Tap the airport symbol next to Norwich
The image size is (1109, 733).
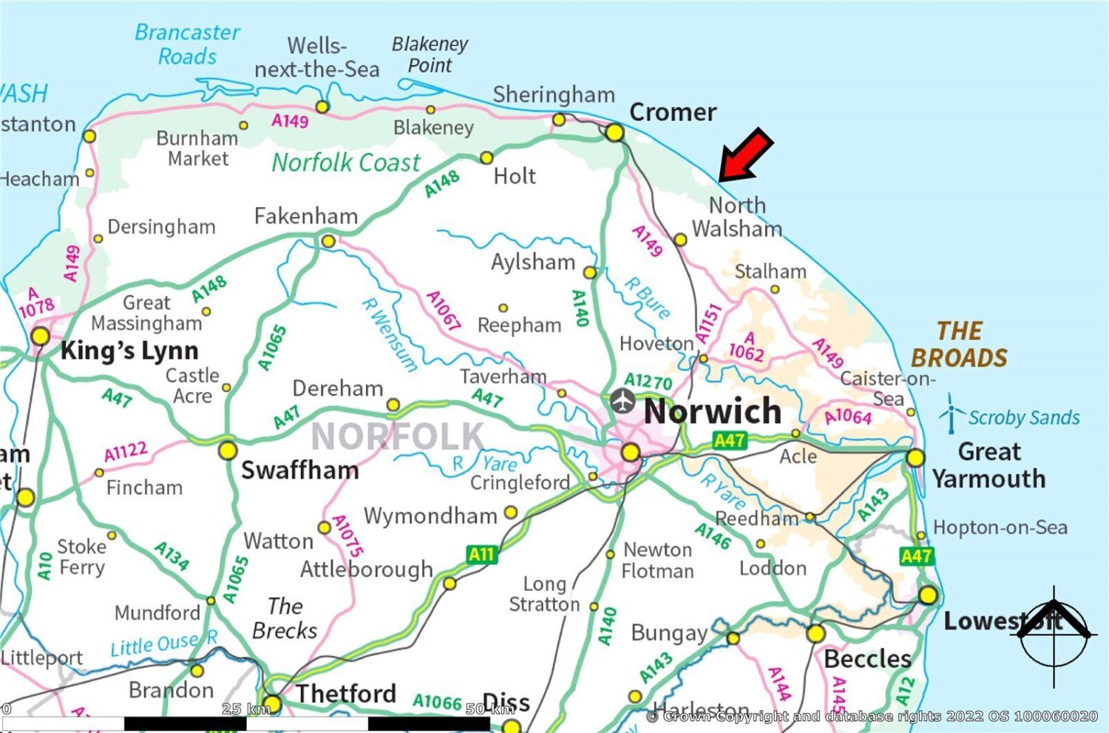pos(623,402)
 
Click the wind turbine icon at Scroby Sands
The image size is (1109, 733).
pos(951,414)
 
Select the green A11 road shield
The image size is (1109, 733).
pos(481,554)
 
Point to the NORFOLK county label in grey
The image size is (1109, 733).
pos(398,436)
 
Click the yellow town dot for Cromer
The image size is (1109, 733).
pos(614,133)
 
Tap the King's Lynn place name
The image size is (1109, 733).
pos(129,350)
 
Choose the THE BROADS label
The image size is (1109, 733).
pos(959,344)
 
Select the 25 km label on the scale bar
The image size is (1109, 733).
pos(245,709)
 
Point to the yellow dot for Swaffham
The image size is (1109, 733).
pos(228,450)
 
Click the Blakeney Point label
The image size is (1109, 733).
pos(430,55)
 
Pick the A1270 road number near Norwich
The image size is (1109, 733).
pos(648,381)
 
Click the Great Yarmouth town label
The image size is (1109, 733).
pos(988,465)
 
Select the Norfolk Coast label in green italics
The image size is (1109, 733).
pos(346,162)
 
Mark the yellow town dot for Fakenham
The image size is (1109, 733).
pos(328,241)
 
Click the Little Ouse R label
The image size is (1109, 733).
pos(163,644)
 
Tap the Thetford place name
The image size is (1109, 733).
pos(346,694)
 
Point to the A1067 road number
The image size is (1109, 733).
pos(444,310)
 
